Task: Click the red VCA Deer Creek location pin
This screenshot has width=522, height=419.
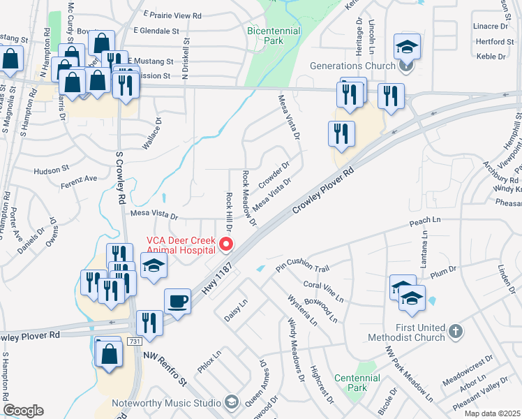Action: click(225, 244)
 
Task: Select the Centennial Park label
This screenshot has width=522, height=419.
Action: click(357, 383)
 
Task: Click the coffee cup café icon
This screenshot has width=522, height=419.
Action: click(177, 302)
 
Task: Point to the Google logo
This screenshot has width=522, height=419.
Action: click(23, 411)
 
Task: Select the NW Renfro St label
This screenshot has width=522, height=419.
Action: click(165, 368)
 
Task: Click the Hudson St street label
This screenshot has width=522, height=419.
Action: click(52, 169)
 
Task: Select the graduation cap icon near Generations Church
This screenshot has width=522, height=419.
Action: click(407, 47)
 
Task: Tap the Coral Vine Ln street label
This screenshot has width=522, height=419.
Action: click(324, 291)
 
